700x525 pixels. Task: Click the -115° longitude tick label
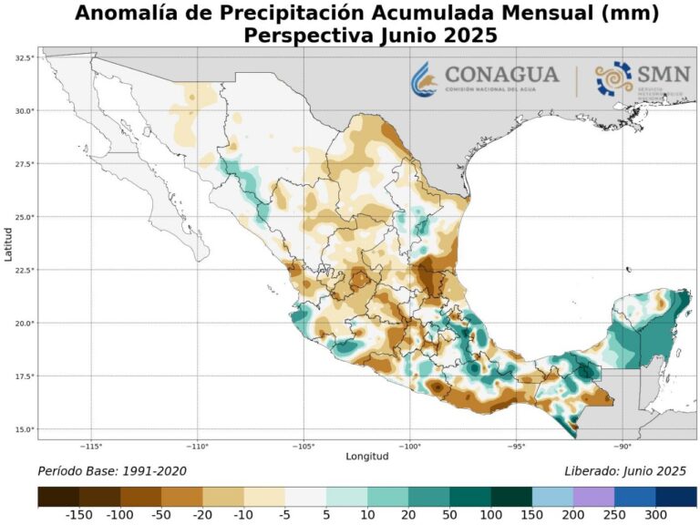[x=91, y=447]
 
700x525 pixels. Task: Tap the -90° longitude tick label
[x=623, y=447]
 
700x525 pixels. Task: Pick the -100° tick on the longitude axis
[x=410, y=447]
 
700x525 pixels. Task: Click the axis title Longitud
[x=367, y=457]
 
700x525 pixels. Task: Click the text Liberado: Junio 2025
[x=625, y=471]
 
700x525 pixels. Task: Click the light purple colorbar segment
[x=594, y=497]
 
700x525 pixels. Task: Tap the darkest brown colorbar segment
[x=58, y=497]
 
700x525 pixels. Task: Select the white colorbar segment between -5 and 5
[x=305, y=497]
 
